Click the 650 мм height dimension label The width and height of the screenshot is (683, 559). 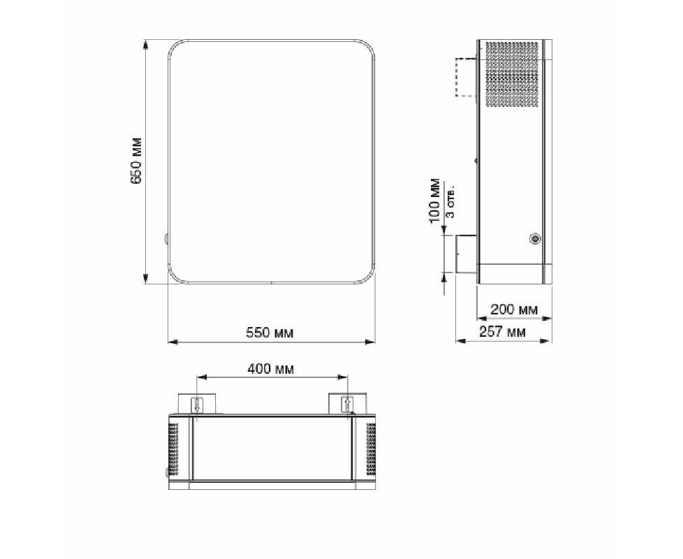tap(136, 161)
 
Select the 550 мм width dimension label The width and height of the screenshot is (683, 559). tap(270, 333)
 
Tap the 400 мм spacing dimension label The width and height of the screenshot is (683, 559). tap(270, 369)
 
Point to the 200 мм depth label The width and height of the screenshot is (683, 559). tap(514, 310)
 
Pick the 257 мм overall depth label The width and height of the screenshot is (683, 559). tap(502, 332)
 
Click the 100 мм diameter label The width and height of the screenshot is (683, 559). tap(434, 201)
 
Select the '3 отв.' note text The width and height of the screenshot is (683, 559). tap(452, 203)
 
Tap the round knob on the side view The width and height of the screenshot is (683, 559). tap(534, 238)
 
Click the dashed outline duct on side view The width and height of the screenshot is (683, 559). tap(466, 77)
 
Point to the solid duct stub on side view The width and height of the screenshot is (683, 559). tap(467, 254)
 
